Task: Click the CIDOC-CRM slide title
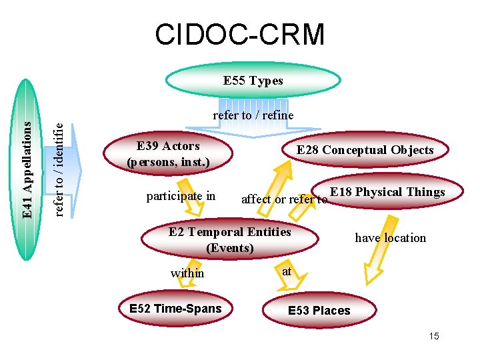[239, 34]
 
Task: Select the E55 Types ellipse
[253, 81]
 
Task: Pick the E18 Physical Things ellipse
[387, 192]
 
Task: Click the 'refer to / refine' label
[253, 115]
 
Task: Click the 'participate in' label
[181, 196]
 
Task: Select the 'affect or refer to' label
[284, 199]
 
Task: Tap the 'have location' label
[390, 237]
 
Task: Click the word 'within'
[187, 273]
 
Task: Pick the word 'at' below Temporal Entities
[287, 271]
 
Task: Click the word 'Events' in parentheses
[230, 248]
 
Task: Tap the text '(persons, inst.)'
[168, 161]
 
